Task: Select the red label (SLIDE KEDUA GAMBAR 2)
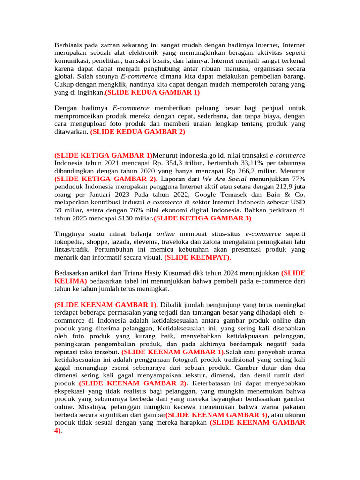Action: (138, 132)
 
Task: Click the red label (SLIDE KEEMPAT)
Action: (198, 258)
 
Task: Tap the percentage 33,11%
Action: (255, 163)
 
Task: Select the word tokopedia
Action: (70, 242)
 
